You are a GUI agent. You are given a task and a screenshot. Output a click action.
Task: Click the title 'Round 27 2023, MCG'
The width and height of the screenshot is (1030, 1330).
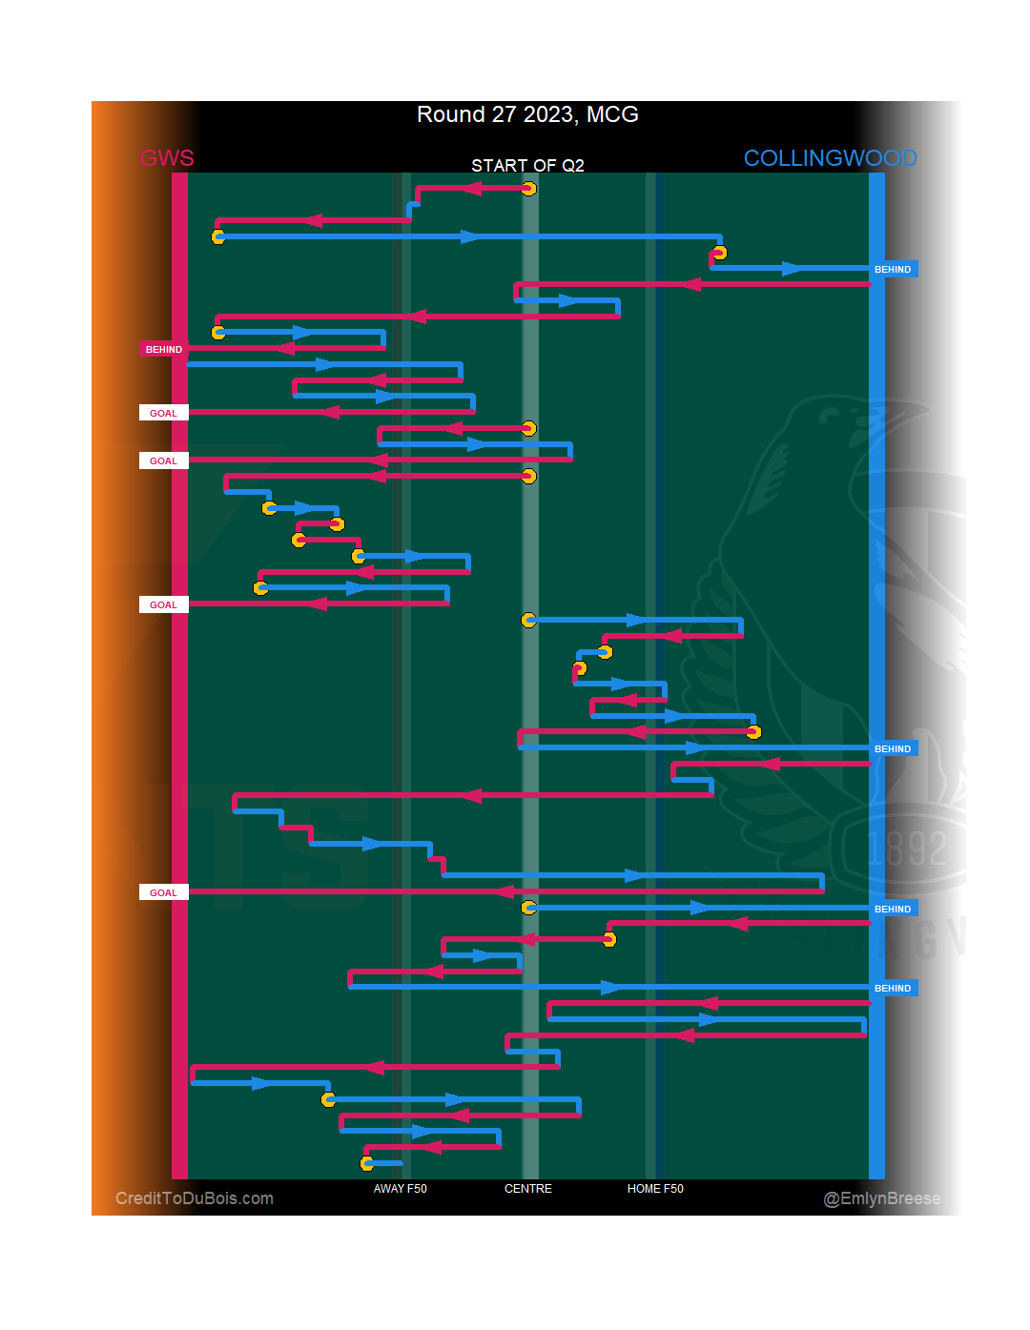click(527, 114)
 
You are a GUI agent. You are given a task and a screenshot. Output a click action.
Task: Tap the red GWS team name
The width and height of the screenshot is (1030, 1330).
click(167, 158)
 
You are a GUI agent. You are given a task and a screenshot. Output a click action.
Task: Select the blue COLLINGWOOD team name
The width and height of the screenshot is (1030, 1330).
click(830, 158)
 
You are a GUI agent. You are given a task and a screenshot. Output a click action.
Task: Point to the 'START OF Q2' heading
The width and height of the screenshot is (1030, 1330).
click(527, 166)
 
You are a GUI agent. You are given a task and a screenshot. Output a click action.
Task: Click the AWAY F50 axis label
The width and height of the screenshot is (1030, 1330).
click(400, 1189)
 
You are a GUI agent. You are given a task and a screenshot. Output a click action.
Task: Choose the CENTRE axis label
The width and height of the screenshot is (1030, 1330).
click(528, 1189)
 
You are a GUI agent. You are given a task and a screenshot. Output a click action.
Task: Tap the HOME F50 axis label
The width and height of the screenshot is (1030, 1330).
click(655, 1189)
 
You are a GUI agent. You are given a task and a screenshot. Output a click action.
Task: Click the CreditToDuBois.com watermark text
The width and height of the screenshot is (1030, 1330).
click(195, 1198)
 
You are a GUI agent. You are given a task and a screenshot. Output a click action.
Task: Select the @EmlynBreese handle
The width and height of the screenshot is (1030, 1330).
click(881, 1198)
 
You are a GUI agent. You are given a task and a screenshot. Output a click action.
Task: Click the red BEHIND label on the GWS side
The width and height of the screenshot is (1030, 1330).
click(164, 349)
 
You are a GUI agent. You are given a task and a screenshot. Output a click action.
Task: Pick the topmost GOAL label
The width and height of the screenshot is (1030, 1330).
click(163, 413)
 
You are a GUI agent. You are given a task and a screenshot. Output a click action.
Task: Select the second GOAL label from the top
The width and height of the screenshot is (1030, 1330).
click(163, 460)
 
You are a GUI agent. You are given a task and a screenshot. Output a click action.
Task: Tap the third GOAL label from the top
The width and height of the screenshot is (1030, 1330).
click(163, 604)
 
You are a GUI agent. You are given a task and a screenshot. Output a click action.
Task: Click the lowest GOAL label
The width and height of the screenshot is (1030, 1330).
click(163, 892)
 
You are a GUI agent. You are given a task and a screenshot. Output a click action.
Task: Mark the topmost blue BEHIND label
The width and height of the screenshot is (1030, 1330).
click(893, 270)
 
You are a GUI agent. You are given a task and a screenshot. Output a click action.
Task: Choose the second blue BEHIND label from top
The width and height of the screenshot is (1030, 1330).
click(893, 748)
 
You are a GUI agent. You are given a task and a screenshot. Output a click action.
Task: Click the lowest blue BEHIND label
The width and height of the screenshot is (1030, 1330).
click(893, 988)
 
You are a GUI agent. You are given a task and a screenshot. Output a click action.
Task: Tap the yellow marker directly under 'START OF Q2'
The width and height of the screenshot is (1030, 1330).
click(529, 189)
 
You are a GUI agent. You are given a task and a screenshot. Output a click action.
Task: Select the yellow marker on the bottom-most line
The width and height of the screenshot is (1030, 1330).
click(367, 1163)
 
